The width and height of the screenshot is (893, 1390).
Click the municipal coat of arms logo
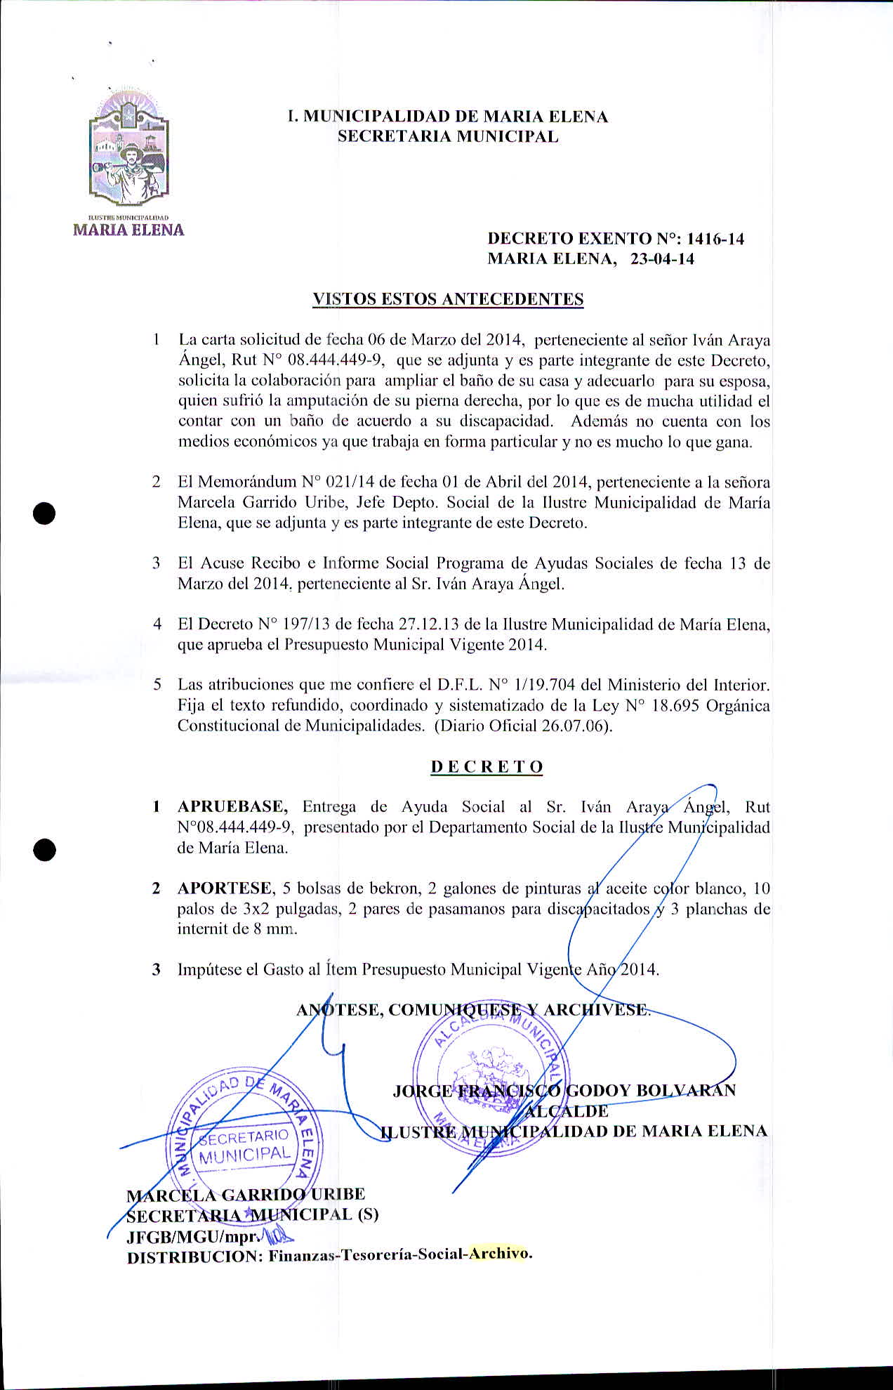(x=129, y=152)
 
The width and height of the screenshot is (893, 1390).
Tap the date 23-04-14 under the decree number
(x=662, y=259)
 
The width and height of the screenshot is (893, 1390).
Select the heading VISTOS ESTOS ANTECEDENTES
(x=448, y=299)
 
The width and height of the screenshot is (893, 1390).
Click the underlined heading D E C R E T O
(x=487, y=766)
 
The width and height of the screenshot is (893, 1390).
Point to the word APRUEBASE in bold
(x=231, y=806)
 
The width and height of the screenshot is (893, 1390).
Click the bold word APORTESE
(x=225, y=888)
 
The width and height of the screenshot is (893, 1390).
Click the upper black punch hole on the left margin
(x=44, y=512)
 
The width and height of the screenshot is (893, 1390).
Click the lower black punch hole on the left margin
(x=44, y=848)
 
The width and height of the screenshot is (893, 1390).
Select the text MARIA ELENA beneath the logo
(x=129, y=230)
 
